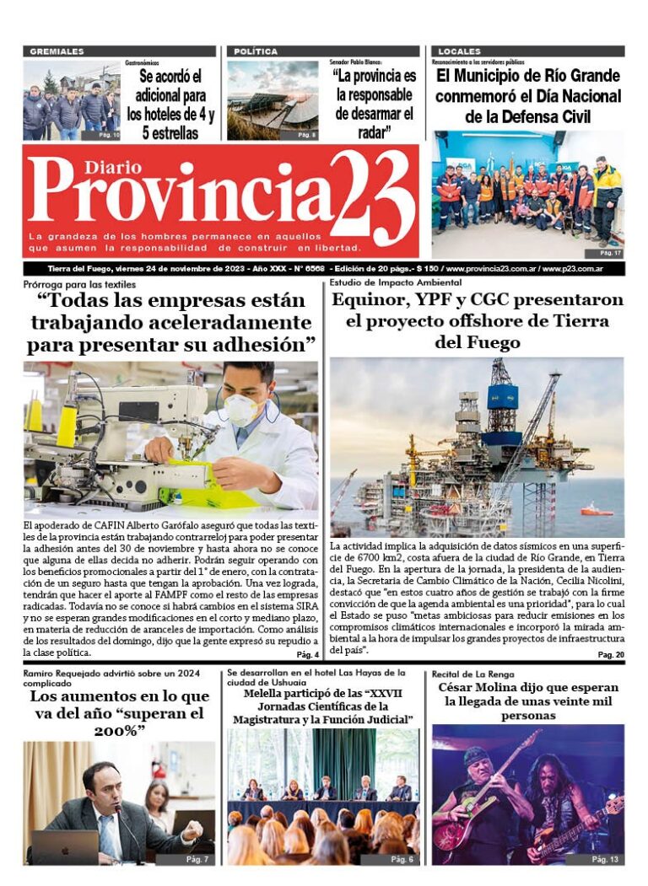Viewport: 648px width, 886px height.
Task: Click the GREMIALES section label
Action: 57,51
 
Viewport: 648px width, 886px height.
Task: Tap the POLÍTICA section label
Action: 255,51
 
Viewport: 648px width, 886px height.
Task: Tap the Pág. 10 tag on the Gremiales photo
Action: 109,135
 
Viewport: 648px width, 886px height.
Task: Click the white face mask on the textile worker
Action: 242,409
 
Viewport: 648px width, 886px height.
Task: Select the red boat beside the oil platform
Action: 596,510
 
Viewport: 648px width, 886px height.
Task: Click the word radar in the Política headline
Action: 372,132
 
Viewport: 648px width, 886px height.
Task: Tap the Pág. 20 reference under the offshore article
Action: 610,655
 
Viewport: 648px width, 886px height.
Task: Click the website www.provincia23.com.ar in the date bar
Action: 492,269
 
